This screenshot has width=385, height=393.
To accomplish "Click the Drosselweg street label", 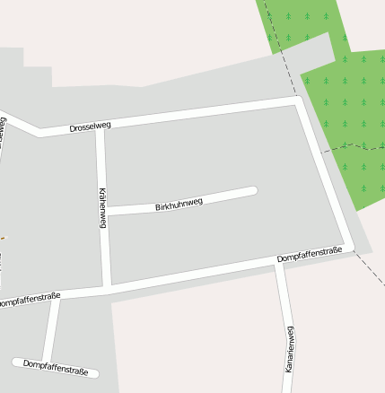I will click(90, 127).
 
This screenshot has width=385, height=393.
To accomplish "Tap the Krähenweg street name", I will click(102, 207).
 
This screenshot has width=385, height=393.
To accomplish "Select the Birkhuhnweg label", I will click(179, 205).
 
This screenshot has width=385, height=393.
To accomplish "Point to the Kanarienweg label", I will click(289, 349).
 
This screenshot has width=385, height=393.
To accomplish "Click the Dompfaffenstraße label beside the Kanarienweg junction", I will click(310, 257).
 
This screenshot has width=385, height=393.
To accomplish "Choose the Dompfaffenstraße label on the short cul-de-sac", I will click(56, 366).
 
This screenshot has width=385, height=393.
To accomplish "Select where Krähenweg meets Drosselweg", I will click(100, 127).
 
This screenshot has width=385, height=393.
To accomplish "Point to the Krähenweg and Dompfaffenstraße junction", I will click(106, 287).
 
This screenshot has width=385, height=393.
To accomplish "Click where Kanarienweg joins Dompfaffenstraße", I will click(279, 264).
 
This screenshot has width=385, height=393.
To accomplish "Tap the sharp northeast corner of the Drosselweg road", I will click(298, 100).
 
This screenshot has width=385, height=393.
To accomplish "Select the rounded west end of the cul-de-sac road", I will click(17, 362).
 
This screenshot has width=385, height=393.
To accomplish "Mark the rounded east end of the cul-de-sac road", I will click(94, 372).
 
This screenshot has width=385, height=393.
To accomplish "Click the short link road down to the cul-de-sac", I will click(52, 329).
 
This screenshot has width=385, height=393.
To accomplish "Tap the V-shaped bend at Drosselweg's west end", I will click(39, 133).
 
